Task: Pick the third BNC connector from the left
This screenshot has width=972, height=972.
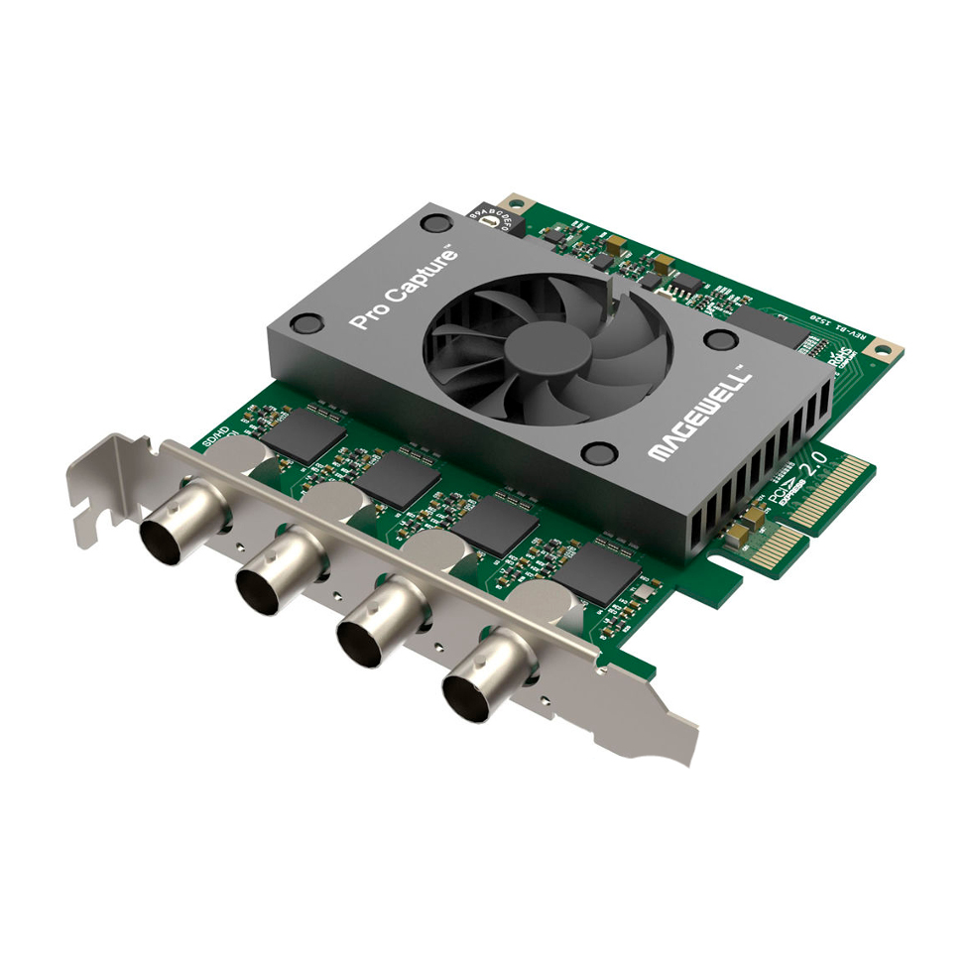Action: (368, 633)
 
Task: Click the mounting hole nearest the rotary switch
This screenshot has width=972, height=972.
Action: (514, 200)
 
